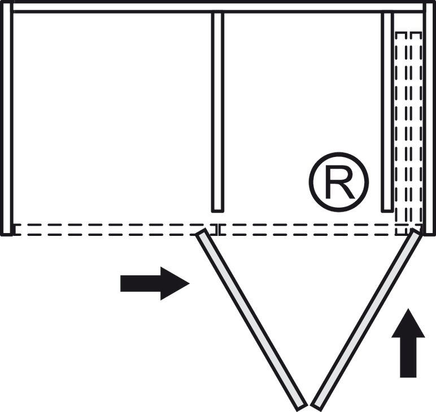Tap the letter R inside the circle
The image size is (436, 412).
(x=339, y=182)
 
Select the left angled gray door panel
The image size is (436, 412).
(x=251, y=319)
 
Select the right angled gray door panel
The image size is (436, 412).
(x=367, y=319)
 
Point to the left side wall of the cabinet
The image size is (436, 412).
(x=6, y=119)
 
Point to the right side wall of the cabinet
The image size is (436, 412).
(x=429, y=119)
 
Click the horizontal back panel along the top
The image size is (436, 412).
(x=218, y=7)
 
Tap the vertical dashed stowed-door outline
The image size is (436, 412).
(x=408, y=130)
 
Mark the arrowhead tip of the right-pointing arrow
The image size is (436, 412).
(x=188, y=283)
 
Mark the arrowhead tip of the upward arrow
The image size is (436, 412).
(x=408, y=309)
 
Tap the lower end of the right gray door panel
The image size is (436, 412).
(x=316, y=405)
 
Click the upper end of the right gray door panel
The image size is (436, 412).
(x=416, y=234)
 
